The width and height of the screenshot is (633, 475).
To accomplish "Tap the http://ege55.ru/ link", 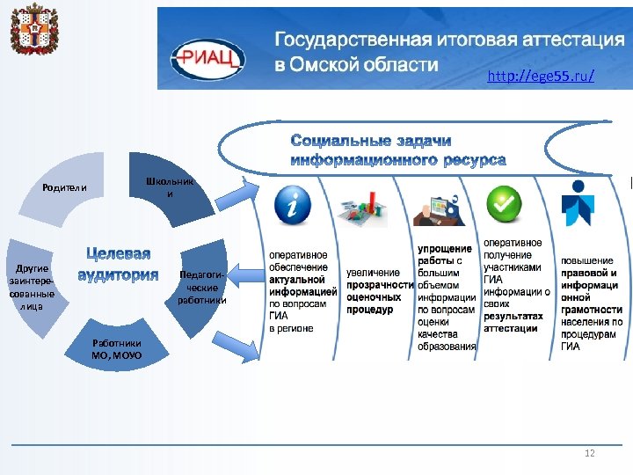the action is (x=541, y=77).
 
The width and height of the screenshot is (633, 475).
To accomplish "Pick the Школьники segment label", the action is (x=171, y=187).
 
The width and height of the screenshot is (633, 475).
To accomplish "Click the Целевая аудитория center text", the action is (x=118, y=265).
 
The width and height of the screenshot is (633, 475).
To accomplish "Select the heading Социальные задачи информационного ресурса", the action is (x=397, y=150).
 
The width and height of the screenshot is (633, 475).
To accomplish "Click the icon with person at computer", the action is (x=440, y=208).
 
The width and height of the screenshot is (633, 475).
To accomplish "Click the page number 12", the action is (x=589, y=453).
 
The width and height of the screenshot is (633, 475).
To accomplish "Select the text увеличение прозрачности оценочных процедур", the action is (x=380, y=291).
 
